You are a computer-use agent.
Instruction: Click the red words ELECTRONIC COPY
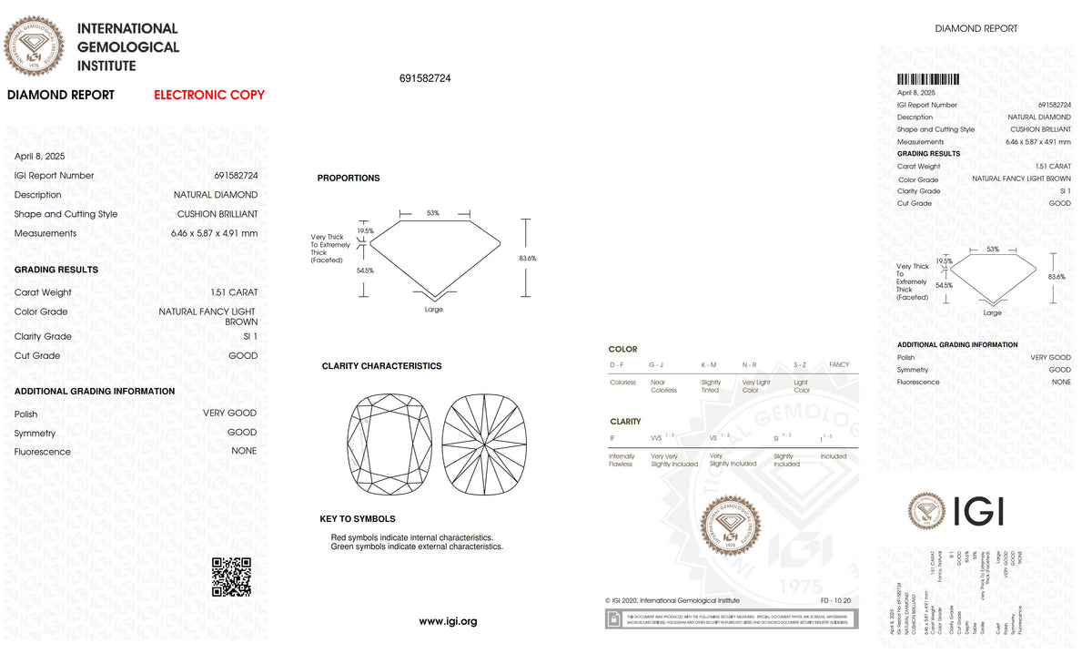coord(209,95)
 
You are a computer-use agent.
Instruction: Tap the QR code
coord(231,577)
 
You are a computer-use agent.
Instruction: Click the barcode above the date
coord(928,80)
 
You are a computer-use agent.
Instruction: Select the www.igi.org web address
coord(448,621)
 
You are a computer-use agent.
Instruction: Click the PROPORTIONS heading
coord(349,178)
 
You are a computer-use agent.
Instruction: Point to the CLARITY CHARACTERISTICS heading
coord(381,366)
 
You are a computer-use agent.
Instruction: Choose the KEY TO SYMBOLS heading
coord(357,519)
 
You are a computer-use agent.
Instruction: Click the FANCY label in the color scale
coord(839,364)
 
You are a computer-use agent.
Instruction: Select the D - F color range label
coord(617,364)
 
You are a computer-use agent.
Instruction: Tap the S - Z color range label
coord(800,364)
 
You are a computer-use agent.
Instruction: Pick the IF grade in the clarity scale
coord(612,438)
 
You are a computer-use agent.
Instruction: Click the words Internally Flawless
coord(622,460)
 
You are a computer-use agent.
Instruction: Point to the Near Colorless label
coord(663,386)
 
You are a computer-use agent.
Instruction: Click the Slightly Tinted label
coord(711,386)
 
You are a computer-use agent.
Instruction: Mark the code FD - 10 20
coord(835,600)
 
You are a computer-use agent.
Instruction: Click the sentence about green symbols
coord(417,547)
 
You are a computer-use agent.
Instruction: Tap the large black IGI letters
coord(978,511)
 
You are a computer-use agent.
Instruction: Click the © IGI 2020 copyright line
coord(672,600)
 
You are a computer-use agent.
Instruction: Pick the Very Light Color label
coord(755,386)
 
